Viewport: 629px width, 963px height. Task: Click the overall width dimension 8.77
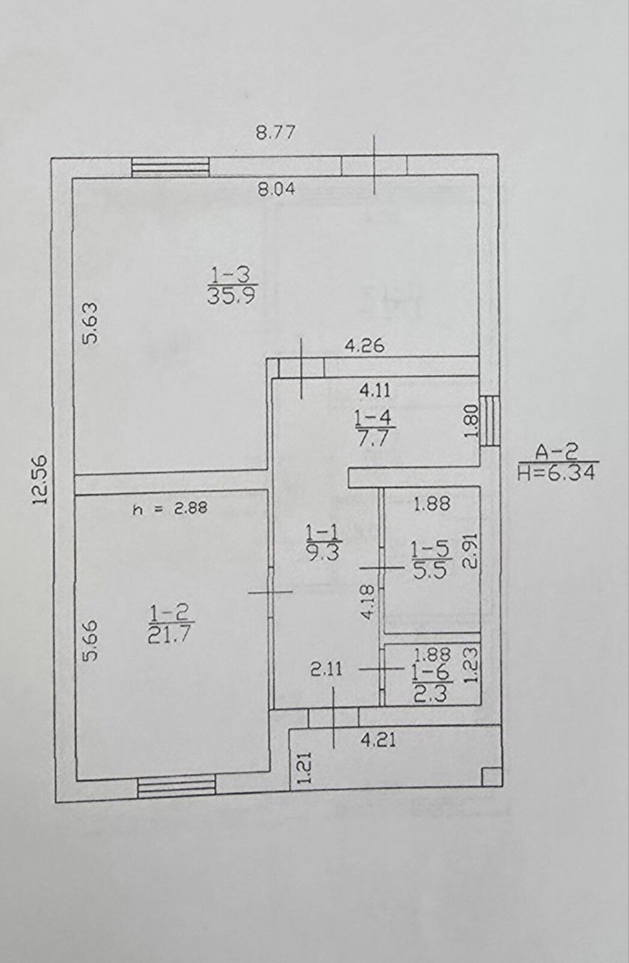pos(276,132)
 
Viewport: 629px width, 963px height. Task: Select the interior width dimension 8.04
pos(276,189)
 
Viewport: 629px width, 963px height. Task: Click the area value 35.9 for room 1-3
pos(233,296)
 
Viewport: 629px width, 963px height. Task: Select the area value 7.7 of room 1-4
pos(372,439)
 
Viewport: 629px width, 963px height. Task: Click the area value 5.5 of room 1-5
pos(431,572)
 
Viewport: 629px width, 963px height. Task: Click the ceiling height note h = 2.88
pos(171,509)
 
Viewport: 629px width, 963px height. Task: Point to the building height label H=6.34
pos(557,473)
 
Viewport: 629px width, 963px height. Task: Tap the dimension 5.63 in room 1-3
pos(91,323)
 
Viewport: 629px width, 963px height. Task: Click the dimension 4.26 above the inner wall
pos(365,346)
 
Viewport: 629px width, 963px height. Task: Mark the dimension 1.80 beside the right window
pos(471,421)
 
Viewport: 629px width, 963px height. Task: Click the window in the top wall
pos(171,167)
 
